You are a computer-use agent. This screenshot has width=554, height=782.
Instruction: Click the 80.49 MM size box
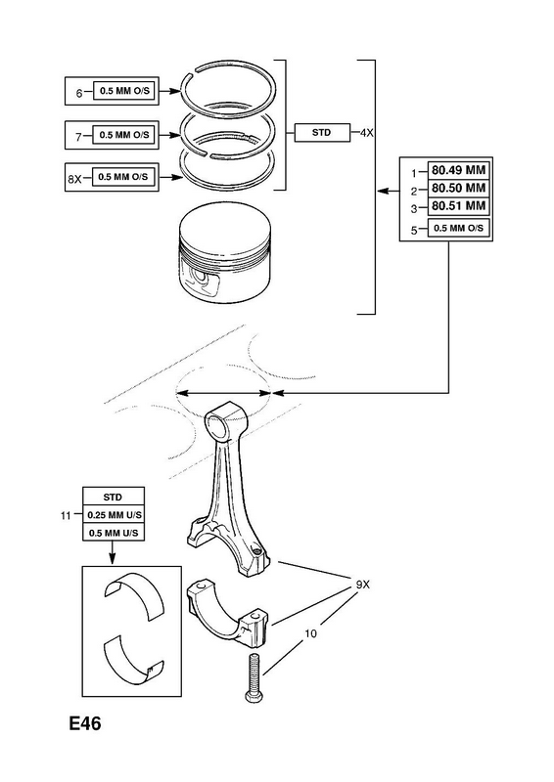pyautogui.click(x=458, y=170)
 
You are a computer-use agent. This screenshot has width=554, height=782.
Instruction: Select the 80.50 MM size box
pyautogui.click(x=458, y=188)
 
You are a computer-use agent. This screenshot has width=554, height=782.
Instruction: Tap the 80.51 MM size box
pyautogui.click(x=458, y=205)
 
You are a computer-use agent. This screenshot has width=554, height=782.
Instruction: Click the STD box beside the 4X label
pyautogui.click(x=322, y=133)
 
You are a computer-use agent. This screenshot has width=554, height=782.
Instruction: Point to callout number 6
pyautogui.click(x=79, y=93)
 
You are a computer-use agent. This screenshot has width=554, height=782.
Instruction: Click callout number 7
pyautogui.click(x=78, y=137)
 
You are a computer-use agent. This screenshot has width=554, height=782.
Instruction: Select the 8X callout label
pyautogui.click(x=74, y=179)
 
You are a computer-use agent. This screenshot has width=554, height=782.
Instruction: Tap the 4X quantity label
pyautogui.click(x=367, y=133)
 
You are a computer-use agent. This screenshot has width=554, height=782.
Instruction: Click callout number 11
pyautogui.click(x=66, y=516)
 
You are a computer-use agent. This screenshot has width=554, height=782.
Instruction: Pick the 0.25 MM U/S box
pyautogui.click(x=114, y=515)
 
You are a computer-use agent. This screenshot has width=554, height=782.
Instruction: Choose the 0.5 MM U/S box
pyautogui.click(x=114, y=533)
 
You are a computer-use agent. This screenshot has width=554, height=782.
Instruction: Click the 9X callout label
pyautogui.click(x=363, y=584)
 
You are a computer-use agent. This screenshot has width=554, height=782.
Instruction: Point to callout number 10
pyautogui.click(x=310, y=633)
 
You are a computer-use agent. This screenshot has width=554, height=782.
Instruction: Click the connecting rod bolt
pyautogui.click(x=254, y=677)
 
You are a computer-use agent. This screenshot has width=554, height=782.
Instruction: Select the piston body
pyautogui.click(x=225, y=253)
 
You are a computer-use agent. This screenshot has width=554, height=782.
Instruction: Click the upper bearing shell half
pyautogui.click(x=134, y=596)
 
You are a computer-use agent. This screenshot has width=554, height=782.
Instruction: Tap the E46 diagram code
pyautogui.click(x=85, y=723)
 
